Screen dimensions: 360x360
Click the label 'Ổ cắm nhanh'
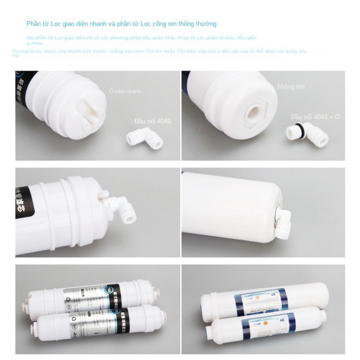tap(125, 91)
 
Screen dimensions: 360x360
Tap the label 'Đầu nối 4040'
tap(153, 121)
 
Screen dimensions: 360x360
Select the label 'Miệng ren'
tap(291, 86)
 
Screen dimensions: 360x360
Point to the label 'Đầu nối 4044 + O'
tap(315, 117)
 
